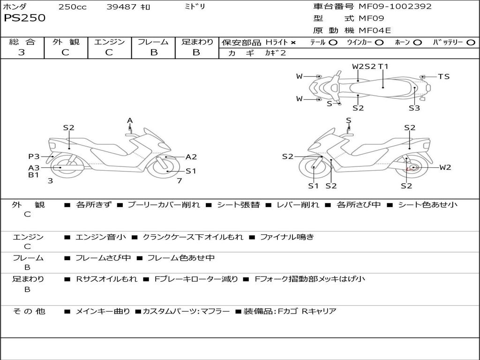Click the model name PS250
(24, 18)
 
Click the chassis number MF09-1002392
(395, 7)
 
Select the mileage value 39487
(122, 7)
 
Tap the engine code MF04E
(375, 31)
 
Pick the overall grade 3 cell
(22, 52)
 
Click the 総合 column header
(22, 42)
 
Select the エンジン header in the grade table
(109, 42)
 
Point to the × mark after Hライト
(293, 43)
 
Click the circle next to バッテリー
(471, 43)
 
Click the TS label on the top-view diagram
(443, 76)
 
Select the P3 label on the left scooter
(34, 157)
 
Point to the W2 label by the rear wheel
(445, 167)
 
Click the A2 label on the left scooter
(191, 157)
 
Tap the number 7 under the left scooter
(179, 180)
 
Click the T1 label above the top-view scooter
(383, 67)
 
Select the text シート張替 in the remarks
(238, 205)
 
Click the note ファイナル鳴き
(287, 237)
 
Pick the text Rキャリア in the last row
(319, 311)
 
